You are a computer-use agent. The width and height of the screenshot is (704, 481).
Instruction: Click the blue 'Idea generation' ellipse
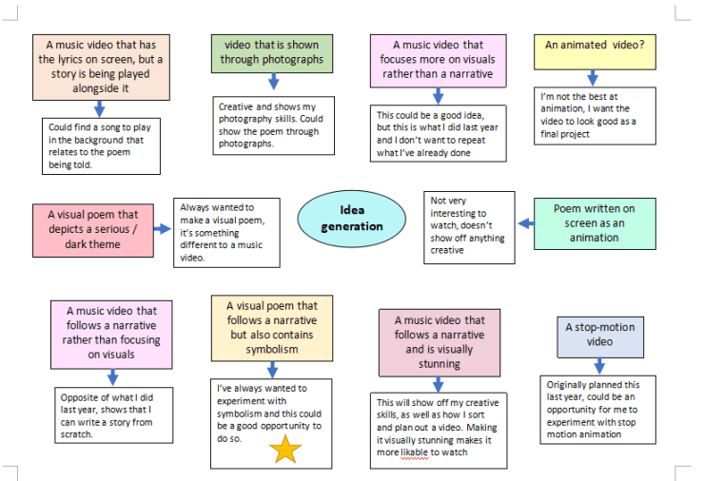tap(352, 219)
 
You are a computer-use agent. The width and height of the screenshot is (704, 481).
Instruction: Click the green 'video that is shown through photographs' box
tap(272, 52)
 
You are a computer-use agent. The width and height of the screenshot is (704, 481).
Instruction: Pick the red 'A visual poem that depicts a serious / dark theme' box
tap(93, 230)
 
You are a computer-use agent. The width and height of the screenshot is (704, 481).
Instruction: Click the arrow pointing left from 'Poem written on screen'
tap(527, 224)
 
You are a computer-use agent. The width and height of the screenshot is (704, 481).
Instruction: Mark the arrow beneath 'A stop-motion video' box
tap(600, 366)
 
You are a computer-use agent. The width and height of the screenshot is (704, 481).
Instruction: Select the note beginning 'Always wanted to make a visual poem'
tap(226, 232)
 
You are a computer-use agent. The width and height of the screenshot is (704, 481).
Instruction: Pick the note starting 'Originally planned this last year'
tap(598, 409)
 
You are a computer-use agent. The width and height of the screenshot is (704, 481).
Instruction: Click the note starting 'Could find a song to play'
tap(104, 146)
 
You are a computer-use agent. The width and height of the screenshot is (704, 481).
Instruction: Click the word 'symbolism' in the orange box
tap(272, 349)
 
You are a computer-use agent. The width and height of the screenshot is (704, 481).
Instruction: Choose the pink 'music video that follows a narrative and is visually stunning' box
tap(439, 342)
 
